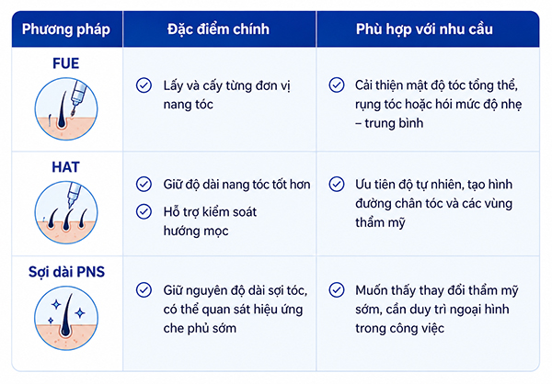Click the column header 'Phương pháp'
click(x=66, y=29)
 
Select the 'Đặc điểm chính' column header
click(x=218, y=29)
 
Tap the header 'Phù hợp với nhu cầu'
click(x=424, y=29)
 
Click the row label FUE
click(x=66, y=63)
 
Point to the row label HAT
click(x=66, y=167)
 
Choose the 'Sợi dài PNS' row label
click(x=66, y=272)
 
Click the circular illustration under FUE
click(x=66, y=109)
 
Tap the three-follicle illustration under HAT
click(x=66, y=213)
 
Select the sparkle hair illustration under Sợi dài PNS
click(x=66, y=318)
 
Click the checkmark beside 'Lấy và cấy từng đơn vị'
click(x=144, y=85)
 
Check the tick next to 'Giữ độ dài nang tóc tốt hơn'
click(x=144, y=185)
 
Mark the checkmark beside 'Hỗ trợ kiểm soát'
click(x=144, y=211)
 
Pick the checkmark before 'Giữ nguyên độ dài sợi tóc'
click(x=144, y=290)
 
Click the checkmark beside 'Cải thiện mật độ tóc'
click(x=337, y=85)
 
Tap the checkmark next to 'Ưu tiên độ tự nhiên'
click(x=337, y=185)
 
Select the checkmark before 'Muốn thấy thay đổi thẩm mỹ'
click(x=337, y=290)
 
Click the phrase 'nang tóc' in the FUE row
click(x=189, y=105)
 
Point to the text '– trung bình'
click(x=389, y=123)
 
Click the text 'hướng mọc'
click(x=196, y=232)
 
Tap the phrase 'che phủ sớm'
click(x=200, y=329)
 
